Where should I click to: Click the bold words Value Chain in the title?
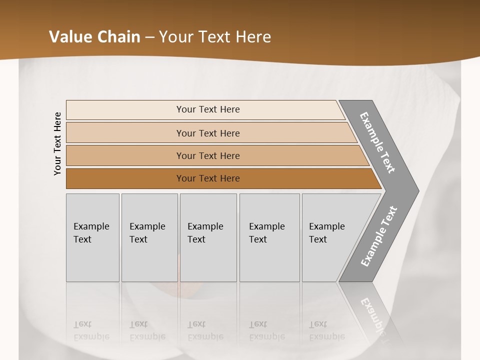[x=94, y=37]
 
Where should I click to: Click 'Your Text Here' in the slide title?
[x=215, y=37]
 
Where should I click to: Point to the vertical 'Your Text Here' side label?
[x=57, y=143]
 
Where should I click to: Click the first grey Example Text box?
[x=92, y=237]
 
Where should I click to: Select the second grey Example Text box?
[x=149, y=237]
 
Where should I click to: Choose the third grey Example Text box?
[x=208, y=237]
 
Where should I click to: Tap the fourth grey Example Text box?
[x=269, y=237]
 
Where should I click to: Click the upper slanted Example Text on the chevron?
[x=377, y=142]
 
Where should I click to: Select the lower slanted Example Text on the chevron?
[x=378, y=236]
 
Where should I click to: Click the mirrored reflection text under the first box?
[x=91, y=330]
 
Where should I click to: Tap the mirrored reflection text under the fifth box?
[x=326, y=330]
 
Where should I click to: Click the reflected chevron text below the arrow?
[x=375, y=315]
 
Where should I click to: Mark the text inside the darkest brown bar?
[x=208, y=178]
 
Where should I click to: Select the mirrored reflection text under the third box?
[x=205, y=330]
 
